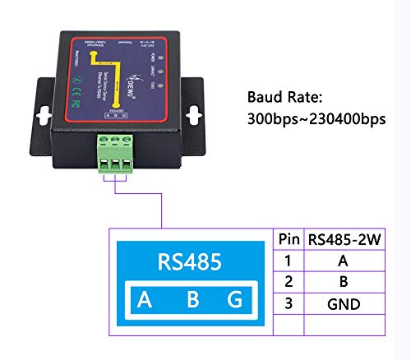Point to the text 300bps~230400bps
pyautogui.click(x=316, y=120)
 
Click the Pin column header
pyautogui.click(x=289, y=241)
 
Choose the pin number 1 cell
pyautogui.click(x=289, y=261)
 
